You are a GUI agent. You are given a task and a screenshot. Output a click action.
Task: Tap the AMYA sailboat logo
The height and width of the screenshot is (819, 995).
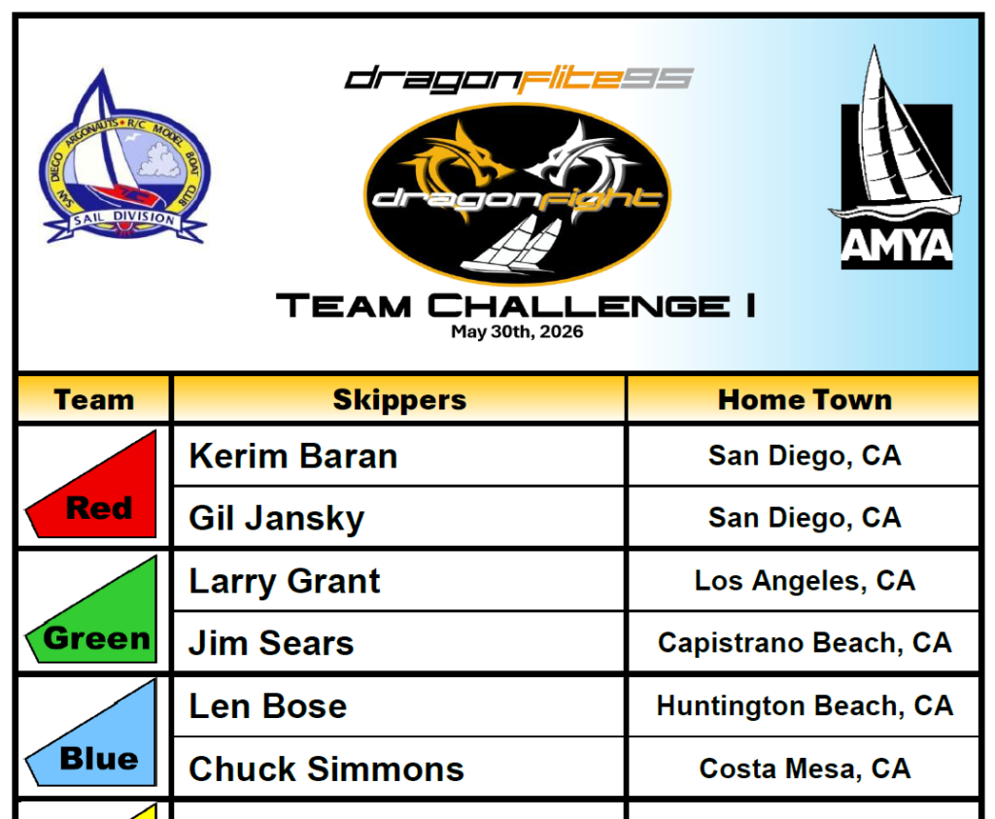(x=895, y=157)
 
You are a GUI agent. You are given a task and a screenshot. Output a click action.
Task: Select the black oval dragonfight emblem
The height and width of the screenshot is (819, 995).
(x=517, y=193)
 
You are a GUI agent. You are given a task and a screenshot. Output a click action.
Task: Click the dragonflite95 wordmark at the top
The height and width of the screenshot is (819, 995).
(x=519, y=80)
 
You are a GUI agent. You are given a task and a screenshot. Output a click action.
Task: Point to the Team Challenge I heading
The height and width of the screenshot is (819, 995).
(x=516, y=306)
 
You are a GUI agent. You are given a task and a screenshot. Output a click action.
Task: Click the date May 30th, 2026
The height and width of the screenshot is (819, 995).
(x=517, y=332)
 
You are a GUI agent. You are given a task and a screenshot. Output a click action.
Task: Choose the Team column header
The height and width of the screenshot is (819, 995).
(x=94, y=399)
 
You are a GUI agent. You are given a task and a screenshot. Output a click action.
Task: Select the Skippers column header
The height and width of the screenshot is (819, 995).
(x=399, y=399)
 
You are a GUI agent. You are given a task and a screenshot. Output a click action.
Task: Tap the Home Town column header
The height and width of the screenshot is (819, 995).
(x=805, y=399)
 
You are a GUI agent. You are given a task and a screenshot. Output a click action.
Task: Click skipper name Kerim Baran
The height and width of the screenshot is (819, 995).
(x=293, y=456)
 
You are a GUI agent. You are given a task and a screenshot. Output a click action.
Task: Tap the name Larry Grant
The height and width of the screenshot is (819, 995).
(x=285, y=581)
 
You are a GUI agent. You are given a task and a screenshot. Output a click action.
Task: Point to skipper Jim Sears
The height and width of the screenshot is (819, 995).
(x=271, y=642)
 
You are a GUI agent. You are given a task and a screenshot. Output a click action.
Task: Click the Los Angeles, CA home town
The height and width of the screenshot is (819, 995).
(x=805, y=580)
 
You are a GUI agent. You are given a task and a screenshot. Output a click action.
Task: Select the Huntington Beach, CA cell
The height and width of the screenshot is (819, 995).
(x=805, y=705)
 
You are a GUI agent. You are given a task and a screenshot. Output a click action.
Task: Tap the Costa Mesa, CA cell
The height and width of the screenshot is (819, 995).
(x=805, y=768)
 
